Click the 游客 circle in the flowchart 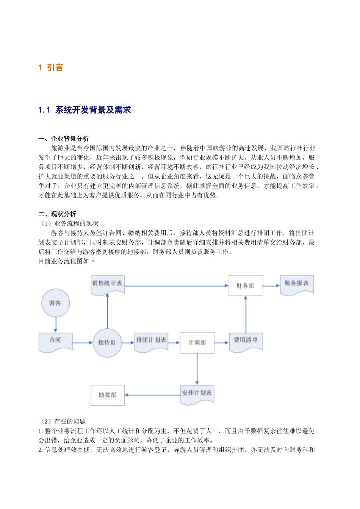(56, 303)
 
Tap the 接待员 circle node (108, 343)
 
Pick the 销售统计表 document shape (108, 284)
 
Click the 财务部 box (246, 286)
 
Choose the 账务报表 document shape (297, 284)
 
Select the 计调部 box (197, 343)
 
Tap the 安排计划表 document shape (197, 394)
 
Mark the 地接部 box (108, 395)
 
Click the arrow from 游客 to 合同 (56, 325)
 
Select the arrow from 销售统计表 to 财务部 (176, 286)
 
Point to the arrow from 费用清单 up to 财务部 (246, 314)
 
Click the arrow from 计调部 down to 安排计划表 (197, 369)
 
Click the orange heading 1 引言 (50, 68)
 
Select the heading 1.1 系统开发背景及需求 (85, 110)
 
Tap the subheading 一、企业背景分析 (64, 139)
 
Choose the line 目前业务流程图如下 (67, 261)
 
